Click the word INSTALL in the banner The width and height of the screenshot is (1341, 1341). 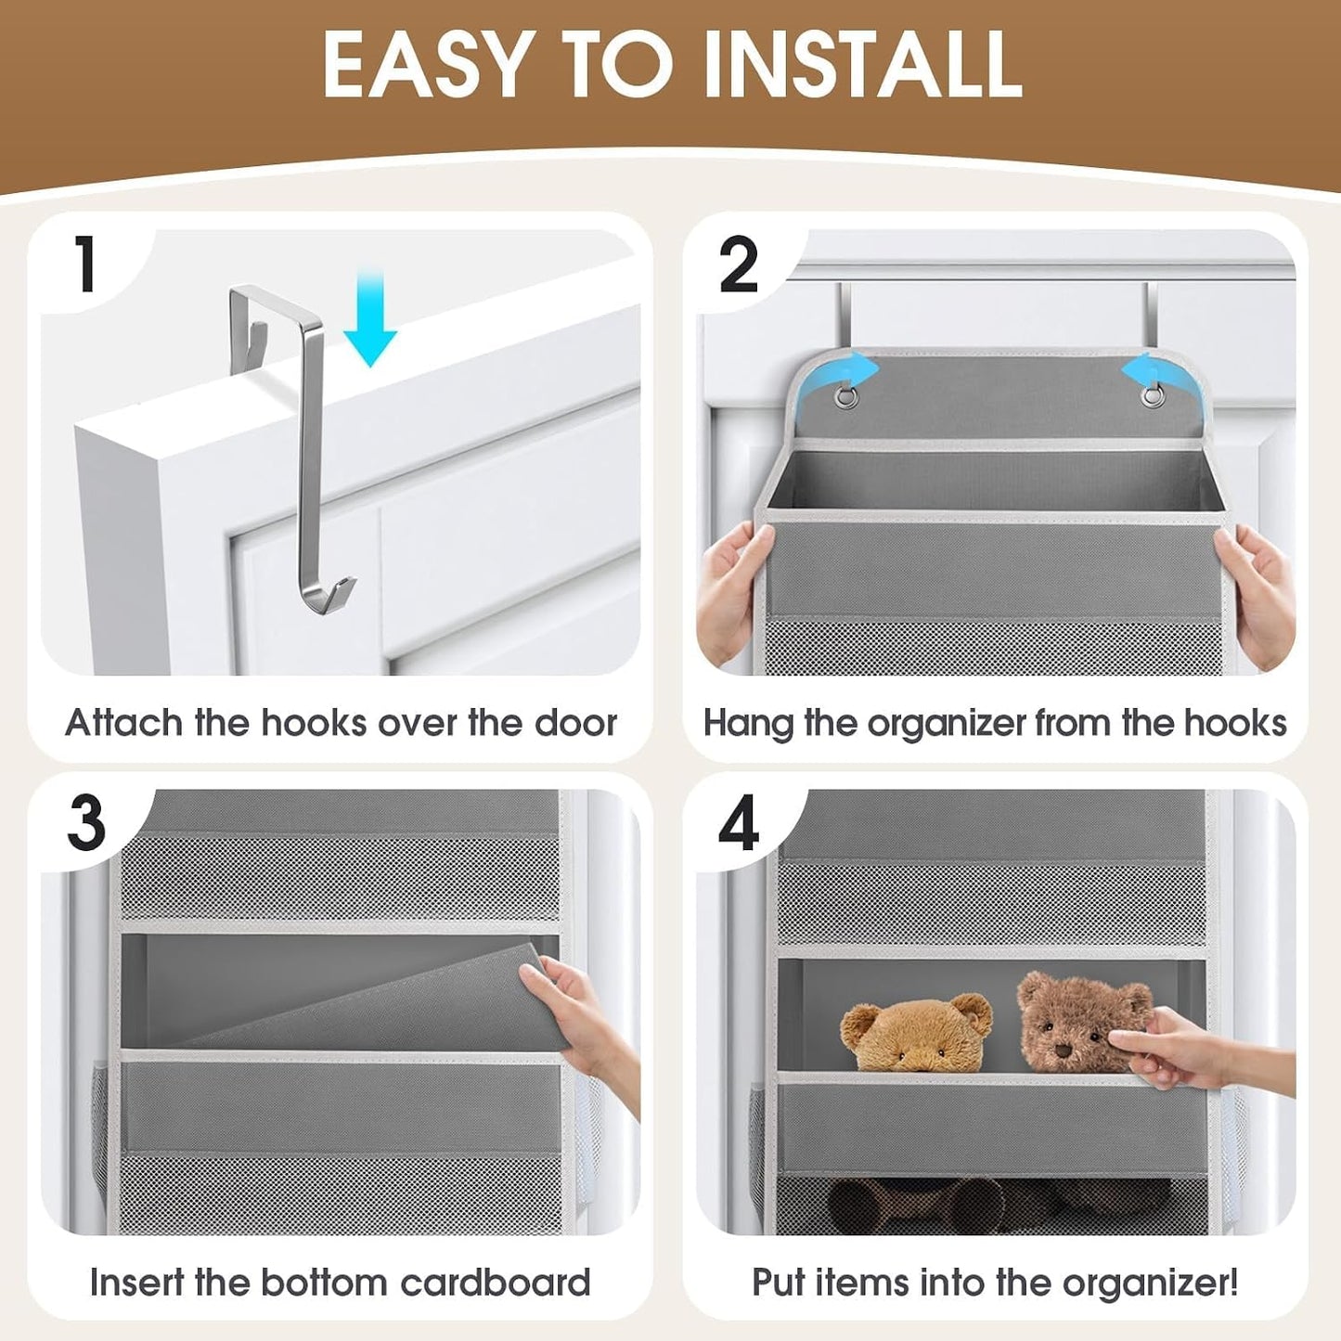click(x=863, y=65)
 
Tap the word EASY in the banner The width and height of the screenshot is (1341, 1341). click(x=424, y=65)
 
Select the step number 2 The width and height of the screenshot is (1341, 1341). click(x=739, y=264)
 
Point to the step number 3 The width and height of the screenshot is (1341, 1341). click(x=86, y=822)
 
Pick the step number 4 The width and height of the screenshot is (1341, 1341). click(x=739, y=823)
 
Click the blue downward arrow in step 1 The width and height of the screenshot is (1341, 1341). click(x=369, y=318)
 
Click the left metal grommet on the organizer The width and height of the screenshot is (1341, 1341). click(x=845, y=397)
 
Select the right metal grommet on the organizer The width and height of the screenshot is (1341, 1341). click(x=1151, y=397)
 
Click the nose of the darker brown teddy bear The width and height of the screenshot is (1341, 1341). click(x=1063, y=1051)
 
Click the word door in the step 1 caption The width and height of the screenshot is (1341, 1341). click(x=574, y=723)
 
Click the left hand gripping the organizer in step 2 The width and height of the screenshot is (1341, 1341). click(x=733, y=591)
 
